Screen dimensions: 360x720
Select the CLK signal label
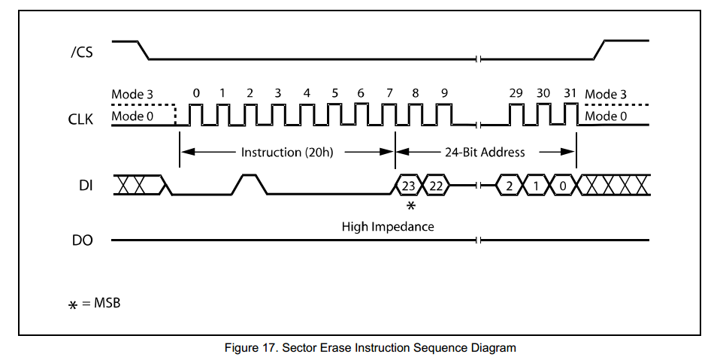click(x=80, y=118)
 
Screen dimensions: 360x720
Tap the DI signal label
click(x=85, y=185)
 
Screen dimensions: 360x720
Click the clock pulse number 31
click(x=570, y=93)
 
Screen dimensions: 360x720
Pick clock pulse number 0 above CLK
click(x=196, y=93)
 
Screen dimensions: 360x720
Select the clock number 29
click(x=516, y=93)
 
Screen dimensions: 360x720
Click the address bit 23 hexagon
click(x=409, y=185)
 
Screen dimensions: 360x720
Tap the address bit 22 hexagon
click(x=436, y=185)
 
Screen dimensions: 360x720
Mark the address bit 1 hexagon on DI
click(x=536, y=185)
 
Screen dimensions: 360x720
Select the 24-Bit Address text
click(x=485, y=152)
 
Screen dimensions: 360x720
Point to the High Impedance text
click(x=388, y=225)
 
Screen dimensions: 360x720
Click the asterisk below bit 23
click(x=410, y=205)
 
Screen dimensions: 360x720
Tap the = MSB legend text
click(x=101, y=304)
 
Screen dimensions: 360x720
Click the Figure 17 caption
click(x=371, y=347)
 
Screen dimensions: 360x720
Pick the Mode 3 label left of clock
click(x=132, y=94)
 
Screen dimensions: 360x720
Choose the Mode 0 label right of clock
click(x=606, y=116)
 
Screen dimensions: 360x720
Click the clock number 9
click(x=445, y=93)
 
